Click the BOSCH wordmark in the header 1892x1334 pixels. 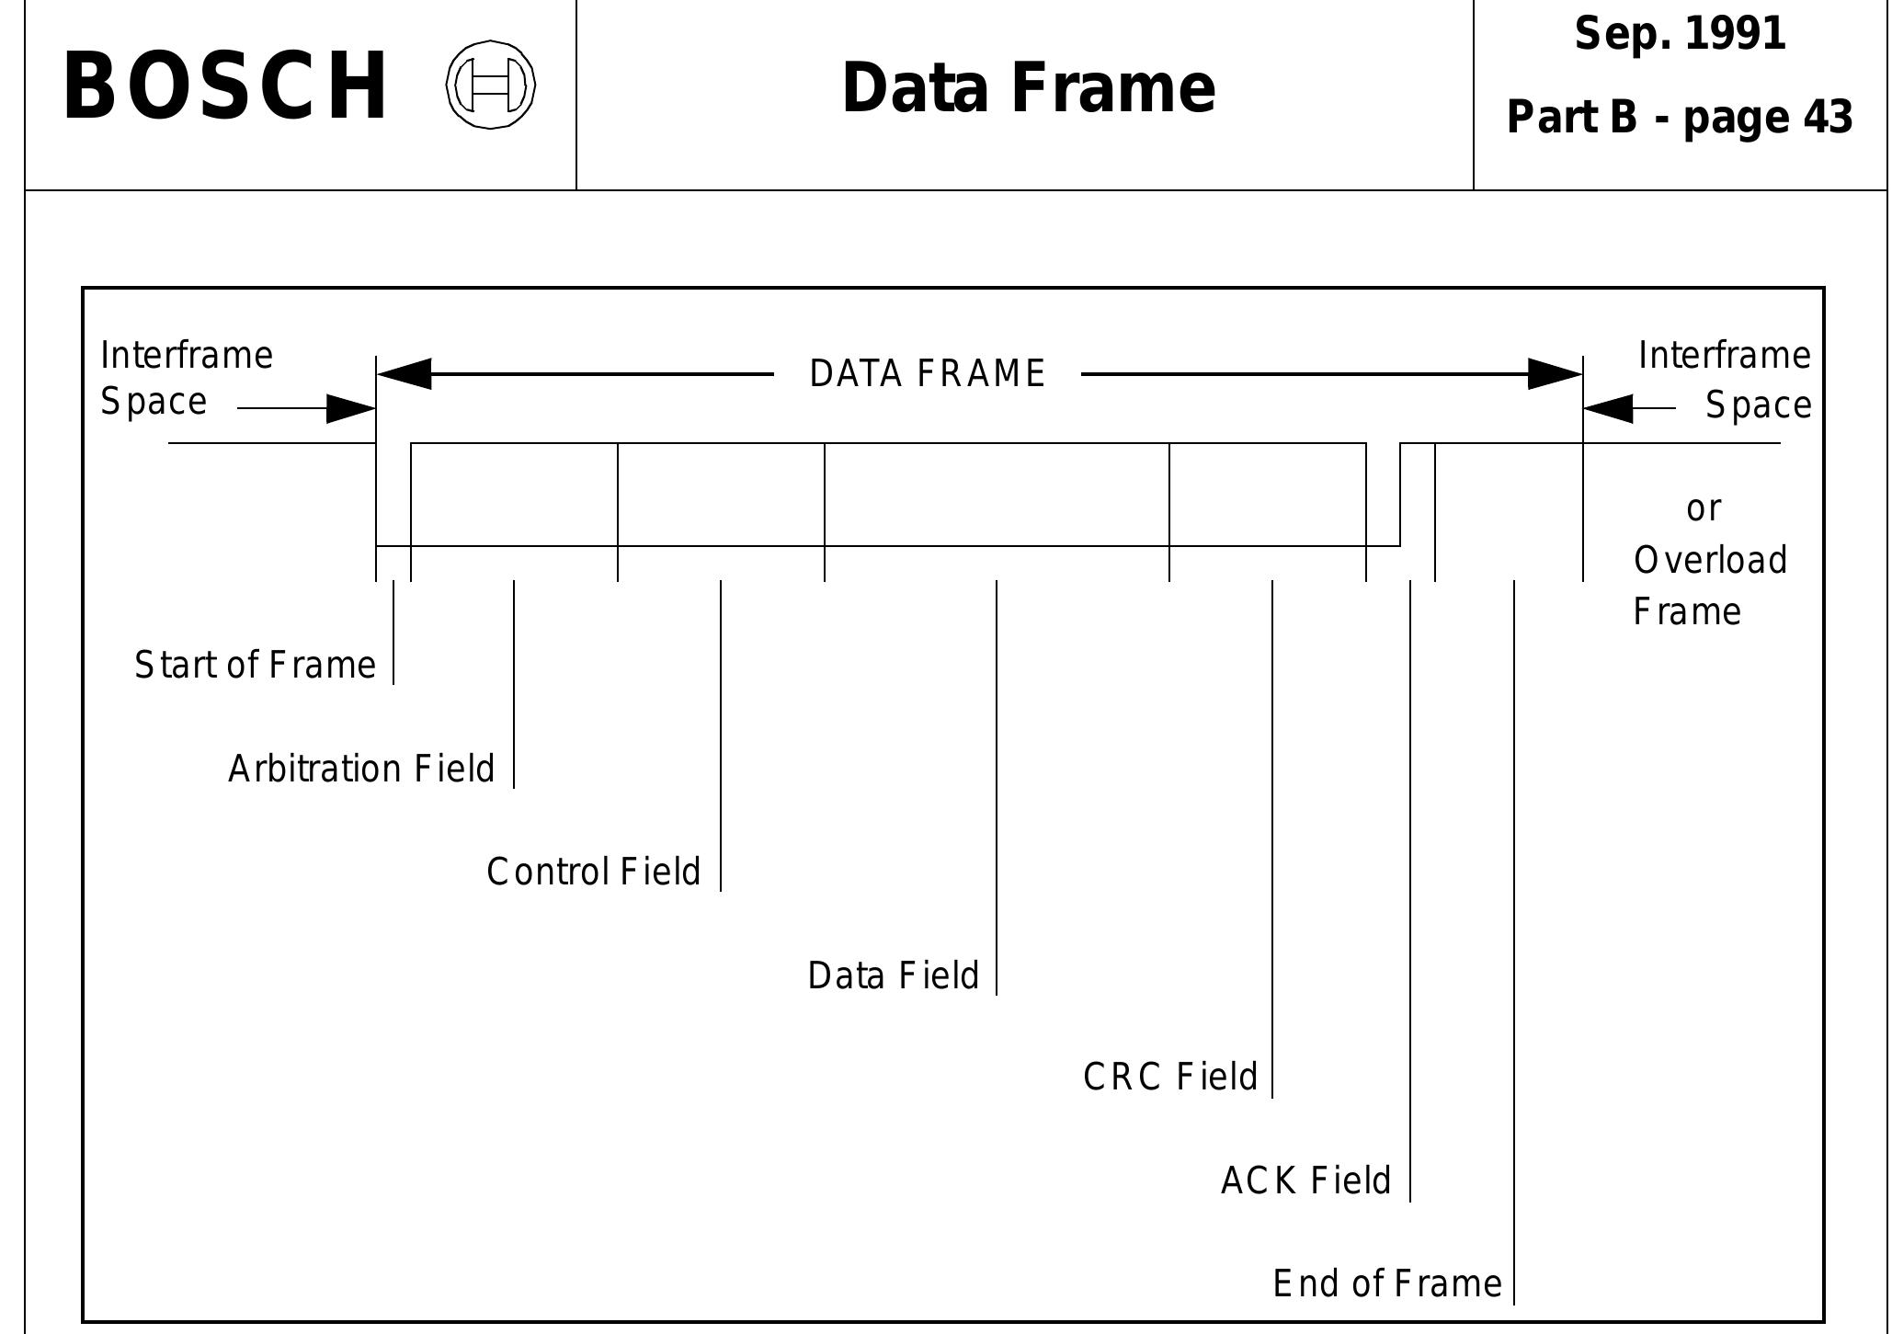point(225,86)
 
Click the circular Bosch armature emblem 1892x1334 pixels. point(491,85)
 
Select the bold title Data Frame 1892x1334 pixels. point(1027,88)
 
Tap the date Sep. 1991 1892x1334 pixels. point(1679,35)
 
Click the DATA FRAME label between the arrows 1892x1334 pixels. point(927,374)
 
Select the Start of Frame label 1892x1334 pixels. point(255,665)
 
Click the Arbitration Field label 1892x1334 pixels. point(361,769)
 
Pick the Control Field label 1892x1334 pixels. point(593,872)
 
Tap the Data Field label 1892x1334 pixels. point(893,975)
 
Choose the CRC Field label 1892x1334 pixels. point(1169,1077)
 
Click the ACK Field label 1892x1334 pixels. point(1305,1180)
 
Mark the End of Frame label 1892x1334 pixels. point(1386,1283)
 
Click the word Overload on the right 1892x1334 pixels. point(1710,560)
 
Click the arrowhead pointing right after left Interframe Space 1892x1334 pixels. point(351,409)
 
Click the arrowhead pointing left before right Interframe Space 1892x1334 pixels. point(1609,408)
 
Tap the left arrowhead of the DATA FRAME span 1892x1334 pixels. point(405,374)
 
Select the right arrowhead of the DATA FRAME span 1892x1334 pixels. point(1555,374)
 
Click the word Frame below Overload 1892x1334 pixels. point(1686,612)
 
